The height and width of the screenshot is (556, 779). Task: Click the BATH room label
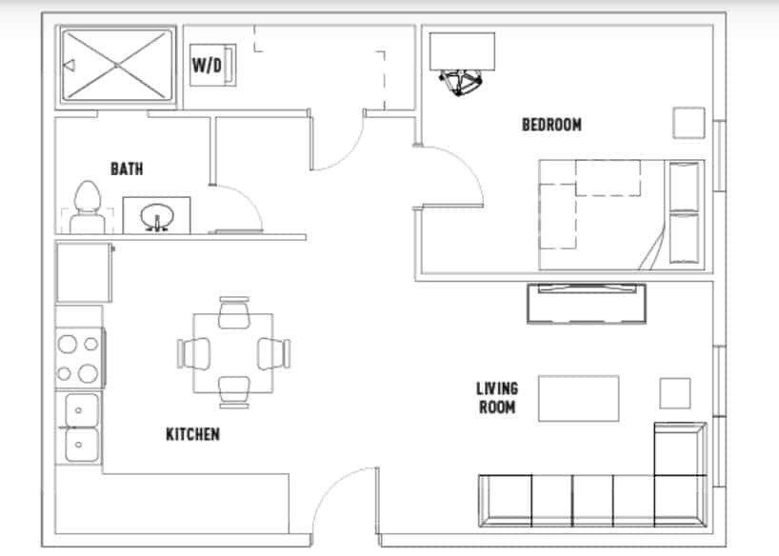(127, 169)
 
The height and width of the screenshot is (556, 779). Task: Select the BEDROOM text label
(551, 125)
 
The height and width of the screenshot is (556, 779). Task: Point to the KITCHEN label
(193, 434)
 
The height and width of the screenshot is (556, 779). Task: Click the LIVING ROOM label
(497, 398)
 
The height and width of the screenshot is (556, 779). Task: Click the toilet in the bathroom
(87, 208)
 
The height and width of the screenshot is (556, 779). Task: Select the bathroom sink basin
(155, 216)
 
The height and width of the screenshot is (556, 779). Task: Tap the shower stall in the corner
(118, 64)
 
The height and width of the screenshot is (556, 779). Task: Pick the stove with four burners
(79, 357)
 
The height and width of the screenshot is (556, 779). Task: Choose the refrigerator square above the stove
(85, 273)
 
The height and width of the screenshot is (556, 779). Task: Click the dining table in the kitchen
(232, 353)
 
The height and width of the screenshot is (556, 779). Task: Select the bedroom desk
(462, 51)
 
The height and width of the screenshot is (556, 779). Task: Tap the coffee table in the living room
(579, 398)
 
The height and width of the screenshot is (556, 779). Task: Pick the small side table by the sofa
(675, 393)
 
